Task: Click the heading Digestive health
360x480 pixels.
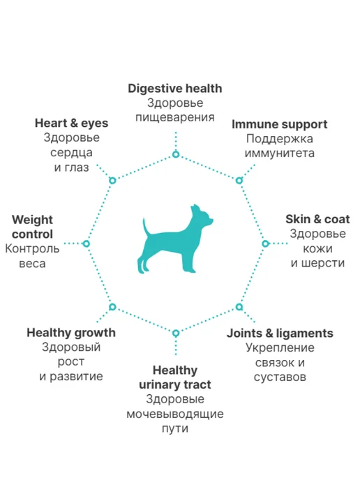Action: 175,89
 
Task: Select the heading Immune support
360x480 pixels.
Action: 279,124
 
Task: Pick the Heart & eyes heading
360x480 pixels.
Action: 71,123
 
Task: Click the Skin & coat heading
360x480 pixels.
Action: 317,219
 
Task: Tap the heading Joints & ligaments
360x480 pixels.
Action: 280,333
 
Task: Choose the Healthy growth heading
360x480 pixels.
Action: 71,333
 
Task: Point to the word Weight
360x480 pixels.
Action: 33,220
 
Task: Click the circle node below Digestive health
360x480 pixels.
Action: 176,154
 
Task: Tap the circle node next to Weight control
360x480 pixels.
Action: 87,243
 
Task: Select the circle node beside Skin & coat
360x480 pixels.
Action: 265,243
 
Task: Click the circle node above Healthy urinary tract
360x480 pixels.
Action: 176,333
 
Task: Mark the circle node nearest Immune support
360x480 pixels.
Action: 239,180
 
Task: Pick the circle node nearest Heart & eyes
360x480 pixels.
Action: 112,180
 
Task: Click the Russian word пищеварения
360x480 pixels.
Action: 175,117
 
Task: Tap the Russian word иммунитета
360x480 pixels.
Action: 280,153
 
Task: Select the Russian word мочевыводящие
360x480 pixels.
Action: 175,414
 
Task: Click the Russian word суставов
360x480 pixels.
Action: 280,377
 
